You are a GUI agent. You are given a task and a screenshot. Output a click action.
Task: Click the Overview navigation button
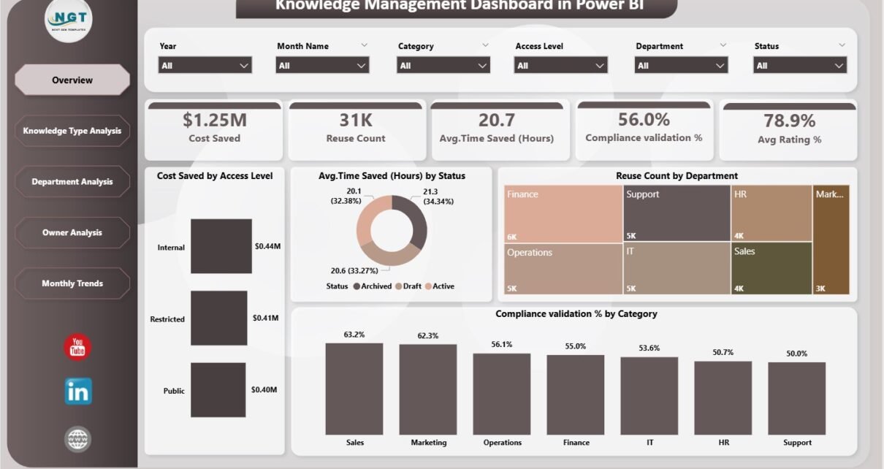72,80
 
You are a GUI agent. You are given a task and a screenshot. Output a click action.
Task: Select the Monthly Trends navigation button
72,283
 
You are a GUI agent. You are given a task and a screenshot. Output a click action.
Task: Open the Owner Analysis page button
72,232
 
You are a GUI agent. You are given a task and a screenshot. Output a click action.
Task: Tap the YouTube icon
77,347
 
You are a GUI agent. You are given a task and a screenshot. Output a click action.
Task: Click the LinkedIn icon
78,392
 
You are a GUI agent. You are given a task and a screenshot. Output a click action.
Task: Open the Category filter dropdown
443,66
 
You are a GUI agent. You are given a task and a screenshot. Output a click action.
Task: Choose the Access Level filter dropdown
561,66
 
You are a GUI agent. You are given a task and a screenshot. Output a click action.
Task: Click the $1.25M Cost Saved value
214,121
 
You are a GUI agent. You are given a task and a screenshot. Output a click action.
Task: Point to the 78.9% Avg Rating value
789,121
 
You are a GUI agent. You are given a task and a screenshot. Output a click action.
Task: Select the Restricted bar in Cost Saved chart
218,318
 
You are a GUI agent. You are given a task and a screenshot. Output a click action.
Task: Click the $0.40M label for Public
264,389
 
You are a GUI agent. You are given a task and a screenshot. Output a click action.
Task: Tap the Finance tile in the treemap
563,213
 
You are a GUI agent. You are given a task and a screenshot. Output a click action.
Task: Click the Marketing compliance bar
427,390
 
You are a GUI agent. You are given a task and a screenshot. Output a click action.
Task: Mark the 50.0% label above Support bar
796,354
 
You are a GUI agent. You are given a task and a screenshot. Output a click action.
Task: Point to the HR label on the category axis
723,443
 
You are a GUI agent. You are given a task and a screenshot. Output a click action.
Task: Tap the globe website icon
77,438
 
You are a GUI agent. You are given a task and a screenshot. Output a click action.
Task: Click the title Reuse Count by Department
677,176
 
